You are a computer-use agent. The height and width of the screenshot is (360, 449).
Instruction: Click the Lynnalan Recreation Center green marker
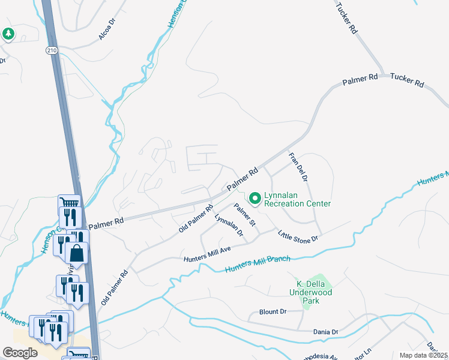(x=255, y=197)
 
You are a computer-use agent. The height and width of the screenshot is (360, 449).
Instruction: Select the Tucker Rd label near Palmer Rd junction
(x=407, y=80)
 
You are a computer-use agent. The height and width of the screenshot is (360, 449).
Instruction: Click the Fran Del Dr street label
(x=298, y=167)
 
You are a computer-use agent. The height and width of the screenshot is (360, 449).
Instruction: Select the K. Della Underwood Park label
(x=315, y=291)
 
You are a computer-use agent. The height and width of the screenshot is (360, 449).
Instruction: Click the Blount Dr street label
(x=273, y=312)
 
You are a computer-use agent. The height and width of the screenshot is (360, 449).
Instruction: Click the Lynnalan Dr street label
(x=229, y=226)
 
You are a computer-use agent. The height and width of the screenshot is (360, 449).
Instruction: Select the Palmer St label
(x=246, y=215)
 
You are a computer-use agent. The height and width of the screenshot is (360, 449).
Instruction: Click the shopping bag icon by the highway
(x=77, y=253)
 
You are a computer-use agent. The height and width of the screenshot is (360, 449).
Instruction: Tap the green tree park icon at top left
(x=8, y=34)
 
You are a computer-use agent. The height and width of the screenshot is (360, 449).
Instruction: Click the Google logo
(x=20, y=353)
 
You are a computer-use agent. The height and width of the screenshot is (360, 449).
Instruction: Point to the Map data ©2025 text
(x=424, y=355)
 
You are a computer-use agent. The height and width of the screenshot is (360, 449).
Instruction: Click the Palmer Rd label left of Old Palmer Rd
(x=106, y=221)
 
